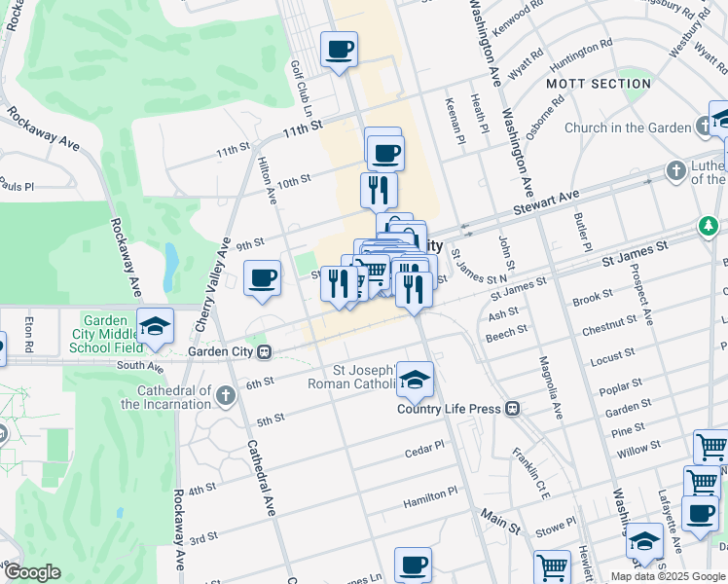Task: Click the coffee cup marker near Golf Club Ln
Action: click(339, 50)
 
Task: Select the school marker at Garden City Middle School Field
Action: click(155, 327)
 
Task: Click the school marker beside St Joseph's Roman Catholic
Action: click(415, 381)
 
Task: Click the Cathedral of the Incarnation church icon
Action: click(226, 395)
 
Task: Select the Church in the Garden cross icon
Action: click(703, 128)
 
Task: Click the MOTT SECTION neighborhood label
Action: click(598, 84)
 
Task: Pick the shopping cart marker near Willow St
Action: click(710, 448)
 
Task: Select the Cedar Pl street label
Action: click(424, 449)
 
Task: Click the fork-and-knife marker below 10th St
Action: click(379, 191)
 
